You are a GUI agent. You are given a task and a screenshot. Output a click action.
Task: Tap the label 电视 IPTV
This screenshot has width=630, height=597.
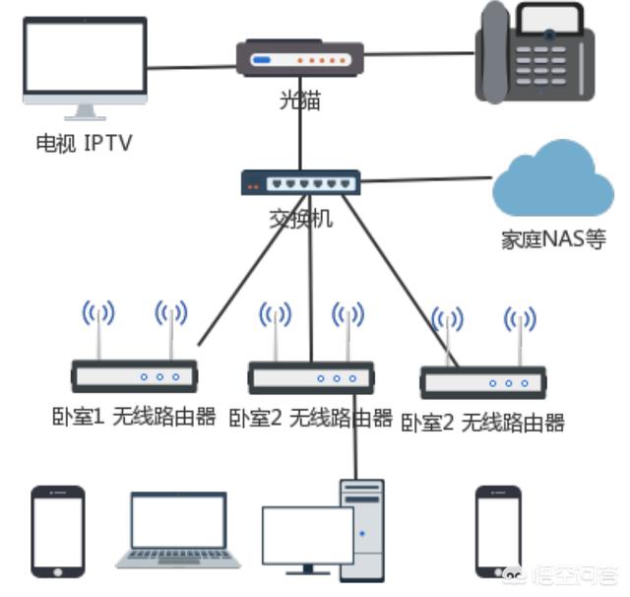pos(84,144)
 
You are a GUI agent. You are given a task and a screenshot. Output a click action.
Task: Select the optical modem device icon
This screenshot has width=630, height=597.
pos(301,59)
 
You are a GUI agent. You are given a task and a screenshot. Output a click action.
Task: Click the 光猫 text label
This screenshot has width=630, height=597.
pos(299,100)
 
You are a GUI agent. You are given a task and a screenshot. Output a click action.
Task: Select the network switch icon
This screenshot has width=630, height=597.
pos(300,182)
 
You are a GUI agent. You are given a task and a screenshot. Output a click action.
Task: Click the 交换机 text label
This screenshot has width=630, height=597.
pos(300,219)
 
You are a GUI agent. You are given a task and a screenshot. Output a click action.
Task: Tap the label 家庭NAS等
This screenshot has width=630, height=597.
pos(552,239)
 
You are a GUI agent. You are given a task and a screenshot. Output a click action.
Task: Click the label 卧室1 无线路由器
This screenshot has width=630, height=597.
pos(134,417)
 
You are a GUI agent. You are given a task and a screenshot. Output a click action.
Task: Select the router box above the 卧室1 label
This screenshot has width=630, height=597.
pos(134,376)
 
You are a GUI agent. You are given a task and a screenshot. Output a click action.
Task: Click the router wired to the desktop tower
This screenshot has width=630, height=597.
pos(310,377)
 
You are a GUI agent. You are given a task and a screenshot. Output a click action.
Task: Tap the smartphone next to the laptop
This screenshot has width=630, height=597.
pos(56,531)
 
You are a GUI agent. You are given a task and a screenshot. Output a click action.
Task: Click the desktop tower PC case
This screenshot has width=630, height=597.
pos(361,528)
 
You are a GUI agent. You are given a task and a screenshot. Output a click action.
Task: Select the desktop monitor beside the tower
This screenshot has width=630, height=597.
pos(306,537)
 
